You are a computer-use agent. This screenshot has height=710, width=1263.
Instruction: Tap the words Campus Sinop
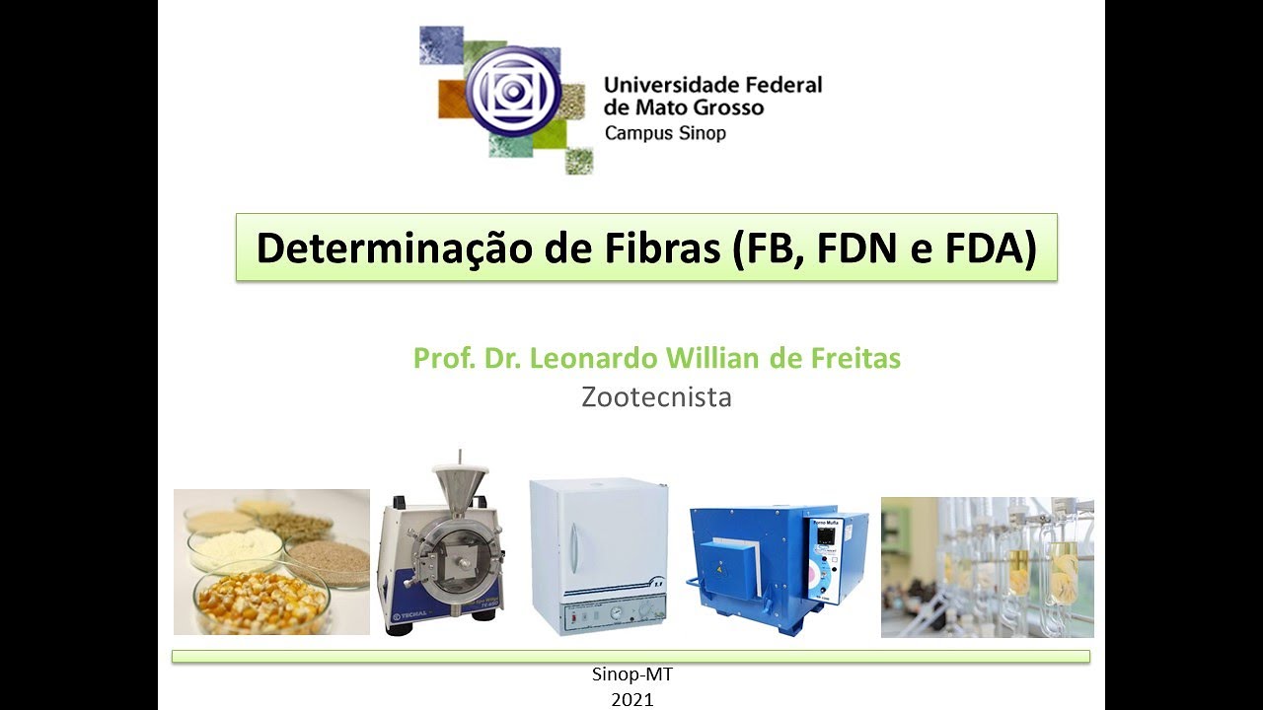(665, 133)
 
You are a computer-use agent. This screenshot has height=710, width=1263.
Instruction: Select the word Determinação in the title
(396, 248)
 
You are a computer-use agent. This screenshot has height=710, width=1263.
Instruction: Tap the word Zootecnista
(656, 397)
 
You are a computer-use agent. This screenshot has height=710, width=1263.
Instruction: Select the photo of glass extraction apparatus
(987, 567)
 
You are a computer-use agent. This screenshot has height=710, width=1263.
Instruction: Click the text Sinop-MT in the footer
(631, 675)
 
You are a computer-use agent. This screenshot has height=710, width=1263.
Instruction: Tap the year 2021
(631, 699)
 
